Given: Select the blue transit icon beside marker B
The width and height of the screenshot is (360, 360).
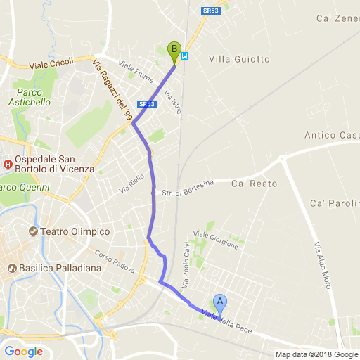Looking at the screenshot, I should tap(185, 56).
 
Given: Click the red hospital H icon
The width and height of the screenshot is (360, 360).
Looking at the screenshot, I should tap(8, 165).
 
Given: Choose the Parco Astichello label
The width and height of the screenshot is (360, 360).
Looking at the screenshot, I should tap(34, 97).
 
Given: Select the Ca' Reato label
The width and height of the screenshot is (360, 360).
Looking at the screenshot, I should tap(255, 184).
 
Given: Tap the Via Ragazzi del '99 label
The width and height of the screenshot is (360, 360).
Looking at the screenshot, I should tap(113, 91).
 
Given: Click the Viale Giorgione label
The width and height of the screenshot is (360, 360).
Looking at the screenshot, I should tap(216, 240).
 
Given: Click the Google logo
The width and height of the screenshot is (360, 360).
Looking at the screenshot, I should tap(24, 351).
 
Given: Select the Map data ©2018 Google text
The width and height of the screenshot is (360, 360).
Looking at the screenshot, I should tap(316, 354).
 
